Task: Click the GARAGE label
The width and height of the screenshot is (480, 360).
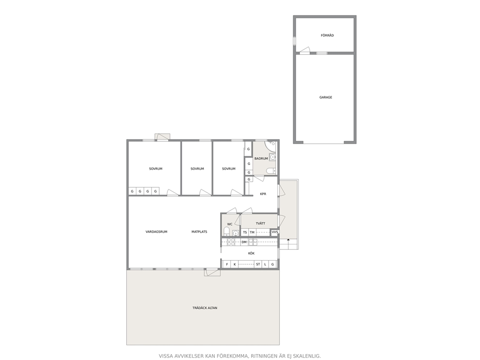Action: pyautogui.click(x=326, y=97)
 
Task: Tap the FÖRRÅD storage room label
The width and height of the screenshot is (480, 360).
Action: pyautogui.click(x=327, y=35)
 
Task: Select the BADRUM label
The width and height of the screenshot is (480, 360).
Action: pyautogui.click(x=261, y=159)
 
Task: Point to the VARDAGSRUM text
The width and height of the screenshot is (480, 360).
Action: pyautogui.click(x=156, y=232)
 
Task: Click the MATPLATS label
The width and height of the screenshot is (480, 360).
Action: pyautogui.click(x=199, y=232)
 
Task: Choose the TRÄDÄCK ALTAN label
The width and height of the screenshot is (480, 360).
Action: pyautogui.click(x=205, y=308)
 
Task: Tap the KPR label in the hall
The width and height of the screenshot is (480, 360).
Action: pyautogui.click(x=263, y=194)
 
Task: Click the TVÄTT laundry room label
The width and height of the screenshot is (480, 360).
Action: pyautogui.click(x=260, y=224)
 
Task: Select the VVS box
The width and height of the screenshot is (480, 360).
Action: pyautogui.click(x=275, y=232)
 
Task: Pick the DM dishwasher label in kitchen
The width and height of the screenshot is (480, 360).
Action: pyautogui.click(x=244, y=242)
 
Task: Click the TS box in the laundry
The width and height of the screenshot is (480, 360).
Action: pyautogui.click(x=245, y=232)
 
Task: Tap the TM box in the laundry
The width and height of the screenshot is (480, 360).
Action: pyautogui.click(x=252, y=232)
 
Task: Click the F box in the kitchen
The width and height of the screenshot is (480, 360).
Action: pyautogui.click(x=227, y=264)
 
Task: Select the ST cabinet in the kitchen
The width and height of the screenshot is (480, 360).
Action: pyautogui.click(x=258, y=264)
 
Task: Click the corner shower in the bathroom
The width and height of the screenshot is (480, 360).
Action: pyautogui.click(x=270, y=147)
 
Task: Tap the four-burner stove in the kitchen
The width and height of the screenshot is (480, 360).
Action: pyautogui.click(x=231, y=242)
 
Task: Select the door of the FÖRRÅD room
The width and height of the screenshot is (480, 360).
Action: pyautogui.click(x=305, y=50)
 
